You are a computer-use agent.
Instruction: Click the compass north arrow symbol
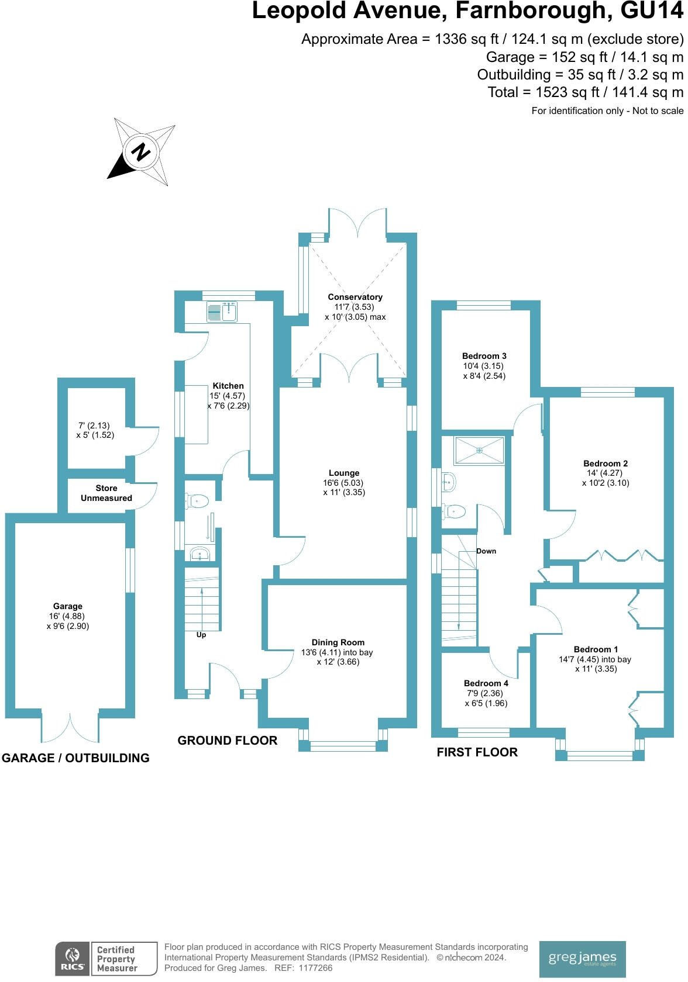[141, 151]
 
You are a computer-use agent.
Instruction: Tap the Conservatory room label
[355, 297]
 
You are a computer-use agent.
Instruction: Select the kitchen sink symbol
[221, 312]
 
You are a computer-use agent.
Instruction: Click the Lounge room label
[344, 473]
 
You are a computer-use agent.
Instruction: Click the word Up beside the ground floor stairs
[201, 635]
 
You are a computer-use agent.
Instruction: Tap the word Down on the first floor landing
[486, 551]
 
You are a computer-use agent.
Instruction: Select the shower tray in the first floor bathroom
[479, 450]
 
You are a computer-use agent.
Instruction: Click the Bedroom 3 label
[484, 355]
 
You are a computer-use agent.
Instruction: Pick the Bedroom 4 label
[486, 683]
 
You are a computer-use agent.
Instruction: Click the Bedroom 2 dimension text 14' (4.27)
[605, 473]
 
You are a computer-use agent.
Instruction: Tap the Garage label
[67, 606]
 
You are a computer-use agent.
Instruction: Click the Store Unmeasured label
[106, 493]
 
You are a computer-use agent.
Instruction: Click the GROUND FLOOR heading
[227, 740]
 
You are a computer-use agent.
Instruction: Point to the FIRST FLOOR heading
[477, 752]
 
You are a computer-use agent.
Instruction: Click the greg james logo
[582, 959]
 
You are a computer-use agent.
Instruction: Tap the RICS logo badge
[72, 959]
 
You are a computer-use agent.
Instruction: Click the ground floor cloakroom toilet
[198, 500]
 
